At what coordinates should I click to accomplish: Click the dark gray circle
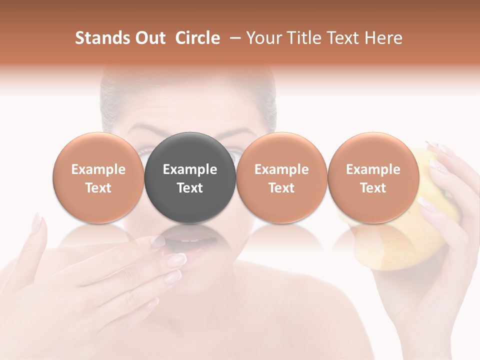point(190,177)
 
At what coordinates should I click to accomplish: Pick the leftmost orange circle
point(98,177)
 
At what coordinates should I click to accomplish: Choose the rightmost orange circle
point(373,177)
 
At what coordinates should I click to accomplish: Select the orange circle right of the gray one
point(281,177)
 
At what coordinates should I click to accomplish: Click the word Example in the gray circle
point(190,169)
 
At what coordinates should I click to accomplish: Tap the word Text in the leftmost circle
point(98,188)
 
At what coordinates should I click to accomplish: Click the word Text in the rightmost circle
point(373,188)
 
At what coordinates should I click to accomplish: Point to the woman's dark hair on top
point(190,87)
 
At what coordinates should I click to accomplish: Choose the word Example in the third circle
point(281,169)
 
